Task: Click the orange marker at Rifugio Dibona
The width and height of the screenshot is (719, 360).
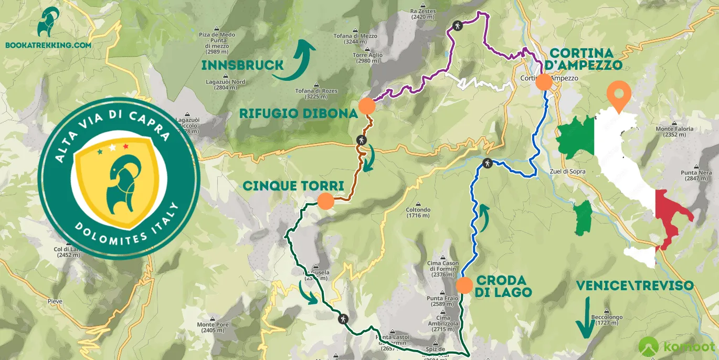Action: pyautogui.click(x=367, y=106)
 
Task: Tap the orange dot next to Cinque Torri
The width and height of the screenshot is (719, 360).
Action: pyautogui.click(x=325, y=201)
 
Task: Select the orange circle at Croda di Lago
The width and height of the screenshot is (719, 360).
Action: pyautogui.click(x=464, y=285)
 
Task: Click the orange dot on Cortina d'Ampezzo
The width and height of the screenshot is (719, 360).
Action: pyautogui.click(x=543, y=82)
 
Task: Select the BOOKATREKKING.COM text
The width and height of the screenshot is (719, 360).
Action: pyautogui.click(x=48, y=45)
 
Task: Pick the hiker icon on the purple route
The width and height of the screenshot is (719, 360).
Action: pyautogui.click(x=458, y=25)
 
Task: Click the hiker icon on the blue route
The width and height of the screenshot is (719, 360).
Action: pyautogui.click(x=488, y=163)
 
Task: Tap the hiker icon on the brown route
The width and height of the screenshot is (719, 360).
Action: pyautogui.click(x=361, y=140)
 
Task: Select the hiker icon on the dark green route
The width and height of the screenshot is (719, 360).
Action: pyautogui.click(x=343, y=318)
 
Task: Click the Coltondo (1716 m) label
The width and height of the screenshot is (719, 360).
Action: pyautogui.click(x=418, y=213)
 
